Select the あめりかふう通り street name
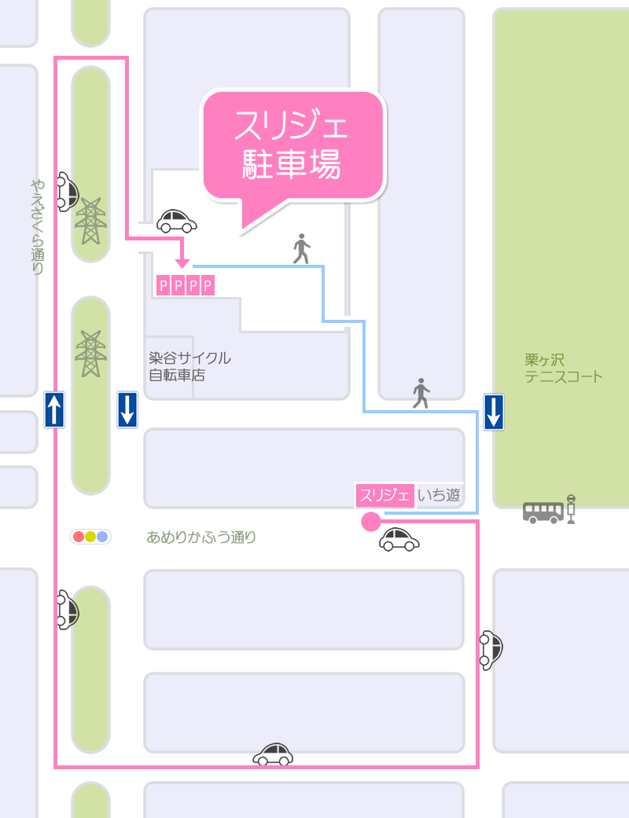[x=201, y=538]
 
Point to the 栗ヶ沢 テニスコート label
[x=564, y=368]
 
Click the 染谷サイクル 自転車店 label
[x=189, y=366]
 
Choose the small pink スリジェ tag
[x=384, y=495]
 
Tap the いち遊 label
[x=438, y=495]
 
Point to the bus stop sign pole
[x=572, y=508]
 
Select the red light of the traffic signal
[x=78, y=537]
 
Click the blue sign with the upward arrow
[x=54, y=409]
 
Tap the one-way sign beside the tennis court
[x=494, y=412]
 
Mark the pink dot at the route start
[x=370, y=521]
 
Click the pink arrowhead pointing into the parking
[x=182, y=262]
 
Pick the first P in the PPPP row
[x=164, y=285]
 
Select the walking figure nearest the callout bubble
[x=301, y=248]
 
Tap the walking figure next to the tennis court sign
[x=421, y=393]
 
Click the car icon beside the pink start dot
[x=399, y=539]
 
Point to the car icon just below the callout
[x=177, y=221]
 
